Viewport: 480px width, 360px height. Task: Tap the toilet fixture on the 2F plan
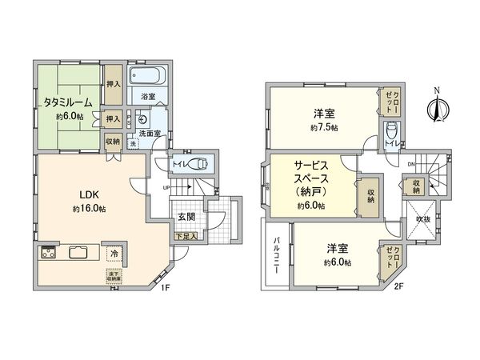tap(391, 131)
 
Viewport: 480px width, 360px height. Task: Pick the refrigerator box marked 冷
tap(115, 254)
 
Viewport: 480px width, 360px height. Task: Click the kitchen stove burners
tap(47, 254)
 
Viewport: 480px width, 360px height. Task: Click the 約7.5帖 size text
tap(323, 128)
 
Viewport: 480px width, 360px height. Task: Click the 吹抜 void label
tap(422, 221)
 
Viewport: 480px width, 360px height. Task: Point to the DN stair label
tap(412, 166)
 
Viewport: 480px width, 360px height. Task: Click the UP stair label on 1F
tap(166, 188)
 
